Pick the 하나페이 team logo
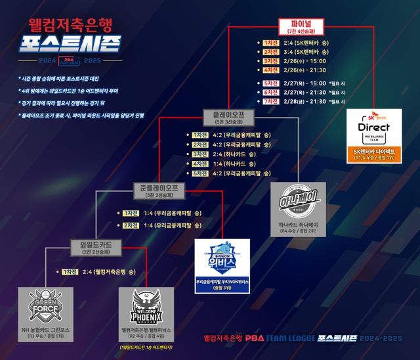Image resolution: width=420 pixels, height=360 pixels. [298, 199]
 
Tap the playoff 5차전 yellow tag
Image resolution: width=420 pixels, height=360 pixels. [199, 173]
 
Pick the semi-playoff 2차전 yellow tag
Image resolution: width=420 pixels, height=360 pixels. [131, 225]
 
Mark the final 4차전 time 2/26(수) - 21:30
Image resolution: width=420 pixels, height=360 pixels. [308, 70]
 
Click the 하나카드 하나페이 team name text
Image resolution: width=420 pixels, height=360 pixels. [298, 224]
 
